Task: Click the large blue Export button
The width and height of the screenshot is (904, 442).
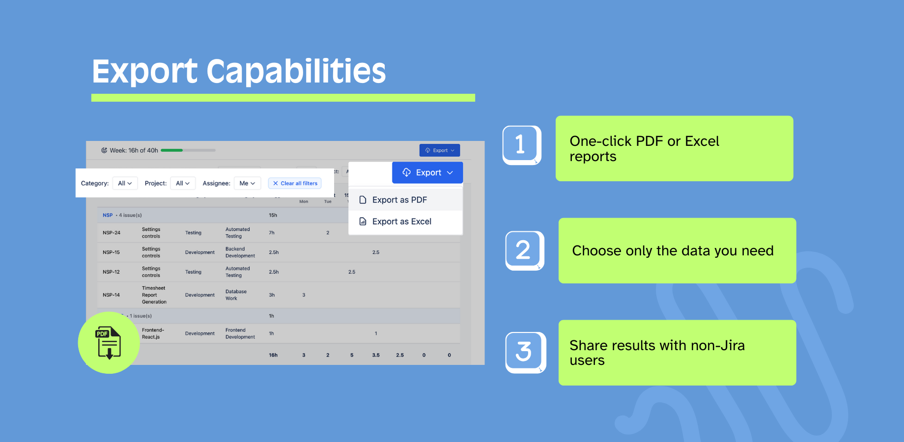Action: (x=427, y=172)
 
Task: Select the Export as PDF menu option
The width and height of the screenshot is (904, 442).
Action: (x=399, y=200)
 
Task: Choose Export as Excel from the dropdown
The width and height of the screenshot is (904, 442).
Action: (x=401, y=221)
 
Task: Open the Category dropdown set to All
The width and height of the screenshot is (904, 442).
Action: (x=125, y=183)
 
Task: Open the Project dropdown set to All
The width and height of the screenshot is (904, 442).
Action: (x=183, y=183)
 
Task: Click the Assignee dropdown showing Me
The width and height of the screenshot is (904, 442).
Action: (x=247, y=183)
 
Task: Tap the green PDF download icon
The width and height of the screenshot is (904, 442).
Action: (x=109, y=343)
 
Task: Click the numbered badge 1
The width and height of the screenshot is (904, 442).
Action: (x=521, y=145)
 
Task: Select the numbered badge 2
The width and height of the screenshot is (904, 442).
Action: (x=524, y=250)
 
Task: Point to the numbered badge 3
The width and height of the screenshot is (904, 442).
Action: (x=524, y=352)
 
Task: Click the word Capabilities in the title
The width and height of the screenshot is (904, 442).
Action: (x=296, y=71)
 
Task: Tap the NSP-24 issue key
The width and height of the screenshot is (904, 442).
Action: (x=112, y=233)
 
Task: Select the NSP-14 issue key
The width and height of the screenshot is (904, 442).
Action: (x=112, y=295)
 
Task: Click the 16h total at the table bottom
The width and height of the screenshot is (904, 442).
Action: (x=273, y=355)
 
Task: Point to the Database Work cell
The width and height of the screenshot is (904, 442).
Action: (x=236, y=295)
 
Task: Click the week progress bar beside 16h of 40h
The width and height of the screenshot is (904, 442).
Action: (x=188, y=150)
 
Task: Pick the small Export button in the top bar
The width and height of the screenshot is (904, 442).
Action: (x=439, y=150)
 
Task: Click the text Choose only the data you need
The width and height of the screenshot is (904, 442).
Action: (x=673, y=251)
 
